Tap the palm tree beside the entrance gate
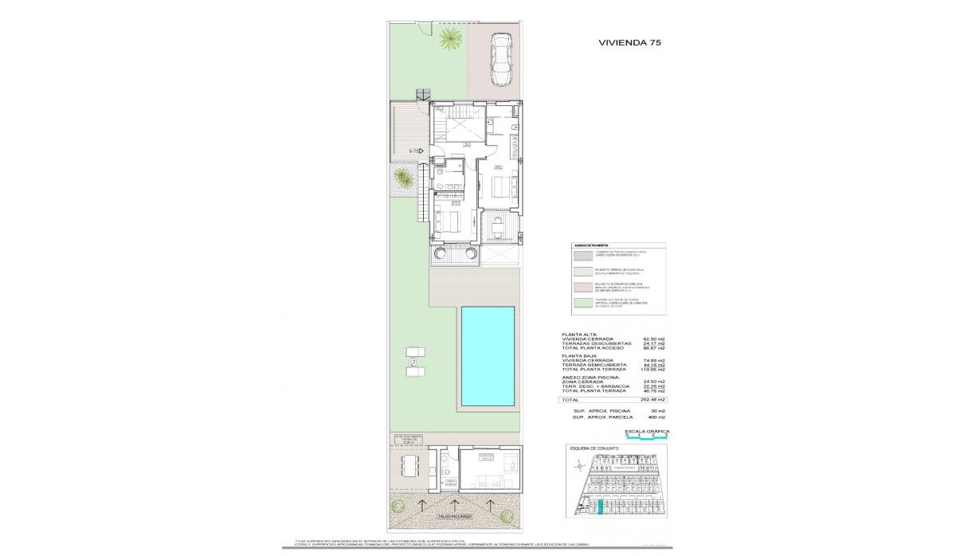click(x=451, y=37)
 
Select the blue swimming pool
click(x=487, y=355)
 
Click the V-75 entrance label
click(x=414, y=151)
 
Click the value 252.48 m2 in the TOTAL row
click(x=654, y=400)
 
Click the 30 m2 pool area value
click(x=658, y=411)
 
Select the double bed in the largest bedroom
click(x=502, y=187)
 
